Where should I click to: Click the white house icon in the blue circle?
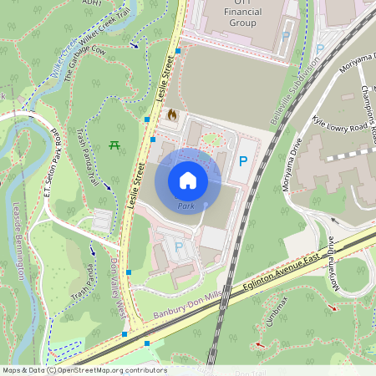pyautogui.click(x=188, y=180)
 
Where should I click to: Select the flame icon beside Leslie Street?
pyautogui.click(x=172, y=114)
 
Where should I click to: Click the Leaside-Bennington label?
pyautogui.click(x=18, y=242)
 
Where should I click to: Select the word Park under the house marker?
pyautogui.click(x=185, y=206)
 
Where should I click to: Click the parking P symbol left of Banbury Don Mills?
pyautogui.click(x=178, y=246)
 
